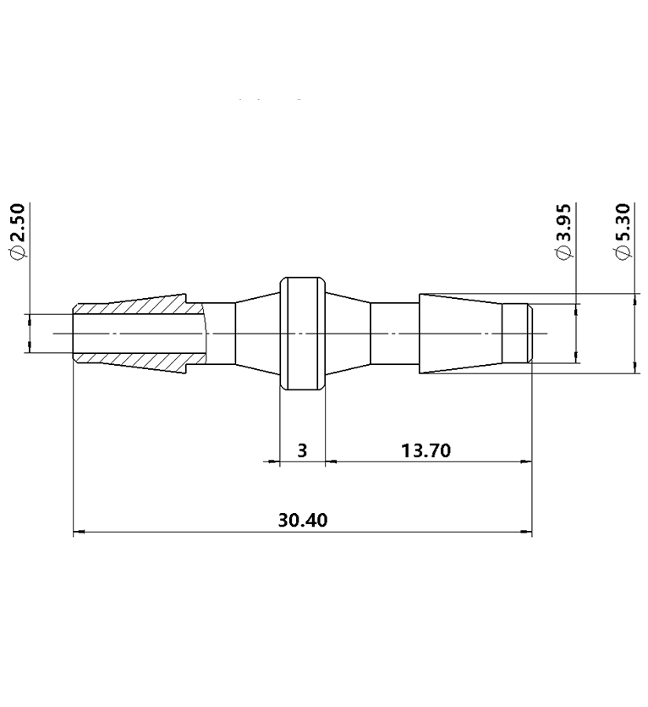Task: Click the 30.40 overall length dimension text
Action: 302,519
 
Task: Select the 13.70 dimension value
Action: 426,450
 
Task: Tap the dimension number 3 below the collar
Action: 302,450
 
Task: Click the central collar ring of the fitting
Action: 302,334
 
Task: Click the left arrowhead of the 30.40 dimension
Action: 80,533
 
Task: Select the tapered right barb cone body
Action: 461,334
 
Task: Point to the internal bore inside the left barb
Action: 140,334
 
